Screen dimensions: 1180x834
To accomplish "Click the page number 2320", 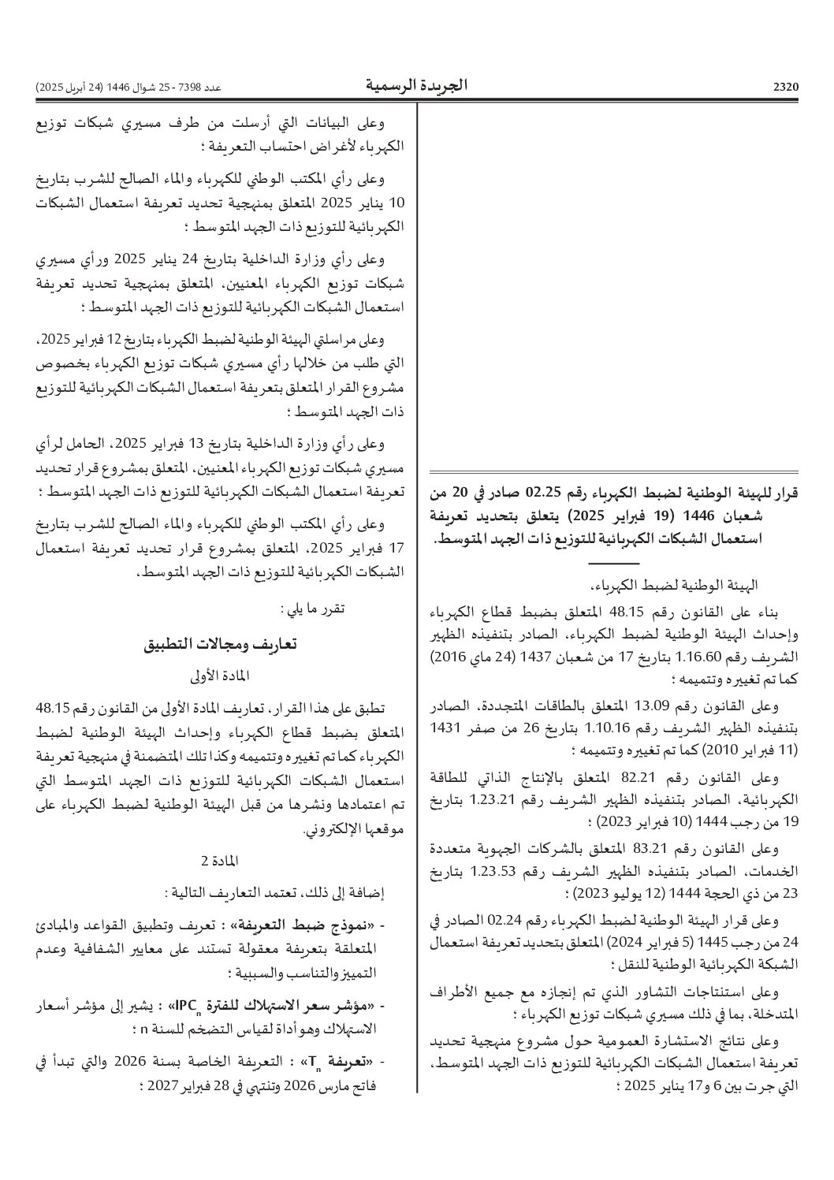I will pyautogui.click(x=785, y=86).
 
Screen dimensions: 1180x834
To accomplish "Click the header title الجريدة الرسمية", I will pyautogui.click(x=416, y=84).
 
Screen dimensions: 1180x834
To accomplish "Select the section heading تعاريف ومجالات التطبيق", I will pyautogui.click(x=220, y=643).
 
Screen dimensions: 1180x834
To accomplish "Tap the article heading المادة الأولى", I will pyautogui.click(x=219, y=676).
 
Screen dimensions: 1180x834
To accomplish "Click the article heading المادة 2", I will pyautogui.click(x=220, y=858).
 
